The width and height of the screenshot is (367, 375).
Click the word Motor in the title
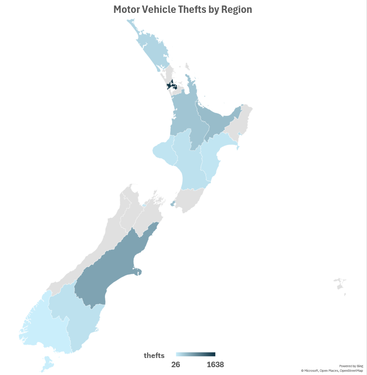(127, 10)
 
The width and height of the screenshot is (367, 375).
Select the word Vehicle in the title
(161, 10)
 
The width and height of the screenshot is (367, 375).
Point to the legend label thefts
(154, 355)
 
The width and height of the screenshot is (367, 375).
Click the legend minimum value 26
(175, 365)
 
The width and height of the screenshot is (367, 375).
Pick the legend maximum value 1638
(215, 365)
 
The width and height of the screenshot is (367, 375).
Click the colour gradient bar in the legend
(196, 354)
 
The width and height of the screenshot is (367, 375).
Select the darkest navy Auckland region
(172, 85)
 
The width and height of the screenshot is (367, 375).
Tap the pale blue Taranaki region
(163, 152)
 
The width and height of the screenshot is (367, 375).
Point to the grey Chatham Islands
(340, 286)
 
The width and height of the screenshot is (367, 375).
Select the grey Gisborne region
(241, 122)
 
